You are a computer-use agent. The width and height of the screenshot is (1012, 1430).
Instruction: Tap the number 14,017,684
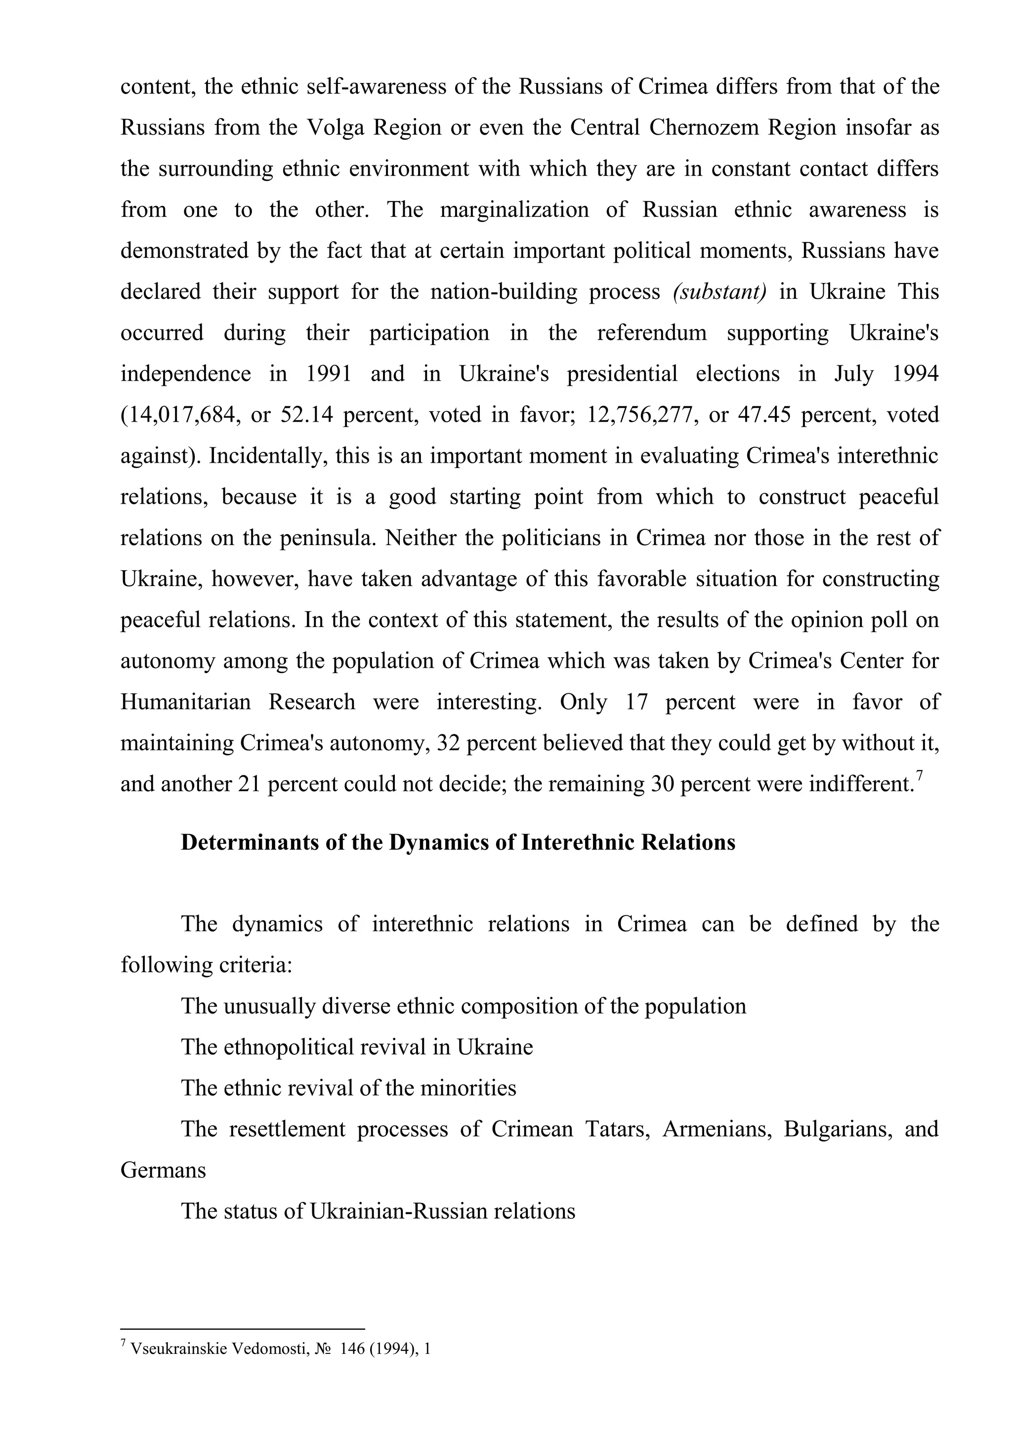tap(181, 415)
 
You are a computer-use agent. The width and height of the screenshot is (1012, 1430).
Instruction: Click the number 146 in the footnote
tap(352, 1349)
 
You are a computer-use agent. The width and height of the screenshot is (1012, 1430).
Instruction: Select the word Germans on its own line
tap(163, 1170)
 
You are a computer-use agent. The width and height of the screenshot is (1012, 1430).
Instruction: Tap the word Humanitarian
tap(185, 702)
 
